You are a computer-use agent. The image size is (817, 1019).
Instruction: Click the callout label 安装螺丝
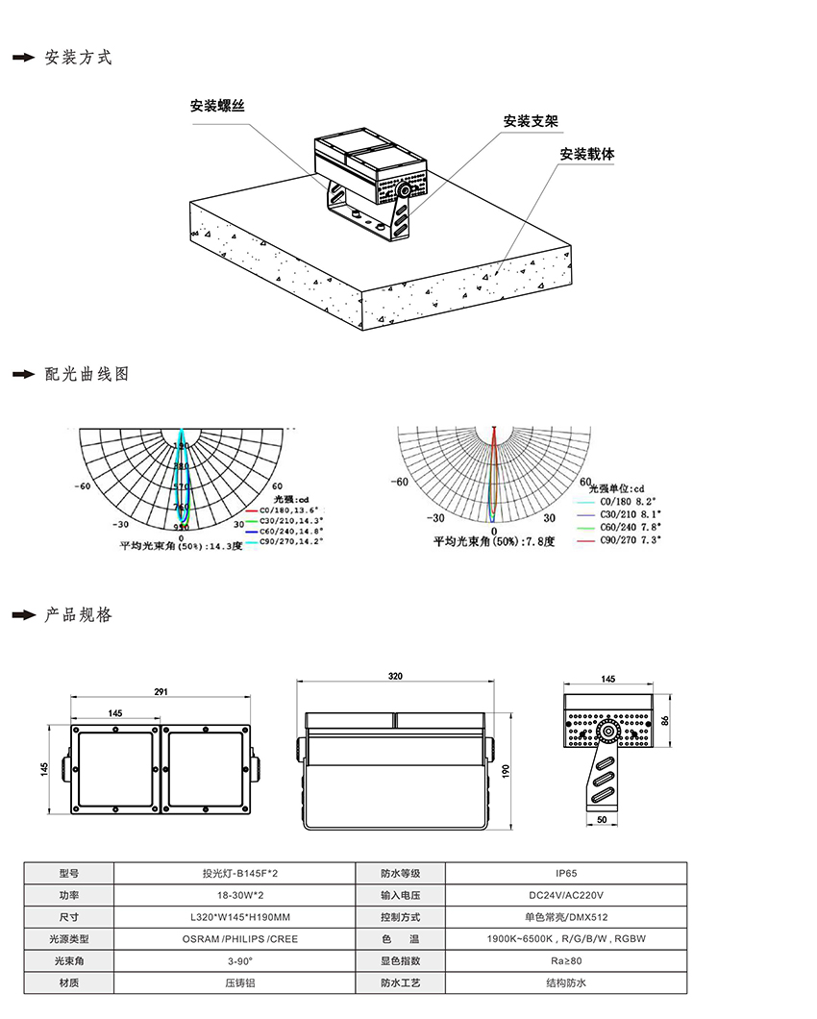pos(217,106)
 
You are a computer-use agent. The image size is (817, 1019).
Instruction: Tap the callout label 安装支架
pos(531,122)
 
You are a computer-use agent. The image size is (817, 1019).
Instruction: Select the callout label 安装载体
pos(587,154)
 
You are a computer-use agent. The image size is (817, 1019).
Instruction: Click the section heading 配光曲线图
pos(87,374)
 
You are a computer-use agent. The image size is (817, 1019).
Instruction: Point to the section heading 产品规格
pos(79,614)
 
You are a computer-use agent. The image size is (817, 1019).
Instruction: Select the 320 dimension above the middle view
pos(395,677)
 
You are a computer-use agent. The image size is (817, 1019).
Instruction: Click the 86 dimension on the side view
pos(665,720)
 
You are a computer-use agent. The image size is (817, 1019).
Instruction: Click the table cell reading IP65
pos(566,874)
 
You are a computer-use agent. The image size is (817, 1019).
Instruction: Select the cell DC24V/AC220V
pos(566,895)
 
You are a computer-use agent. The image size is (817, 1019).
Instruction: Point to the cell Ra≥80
pos(566,960)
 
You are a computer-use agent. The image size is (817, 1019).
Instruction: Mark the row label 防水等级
pos(401,874)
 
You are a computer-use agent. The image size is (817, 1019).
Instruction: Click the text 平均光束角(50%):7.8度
pos(494,542)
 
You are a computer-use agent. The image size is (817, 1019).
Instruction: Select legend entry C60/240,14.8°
pos(292,531)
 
